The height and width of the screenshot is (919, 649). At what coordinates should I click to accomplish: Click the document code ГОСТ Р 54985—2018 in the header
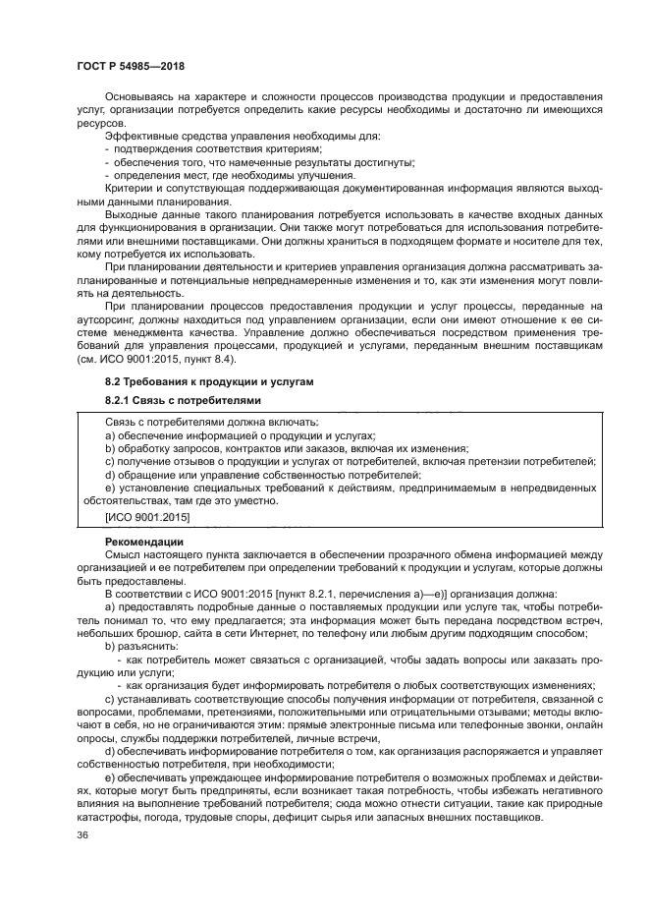coord(130,66)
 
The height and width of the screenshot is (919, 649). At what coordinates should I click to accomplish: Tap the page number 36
coord(82,835)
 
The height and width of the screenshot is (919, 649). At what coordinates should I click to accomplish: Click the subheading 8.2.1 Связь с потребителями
coord(170,401)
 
